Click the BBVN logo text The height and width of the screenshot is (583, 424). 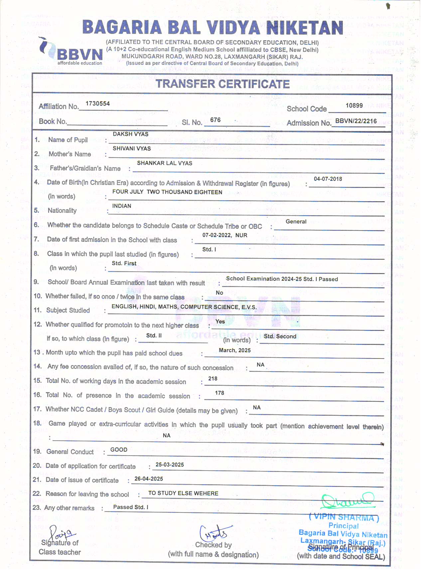[80, 54]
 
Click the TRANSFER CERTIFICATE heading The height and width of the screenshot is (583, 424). [223, 84]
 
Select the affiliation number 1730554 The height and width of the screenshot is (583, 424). [97, 104]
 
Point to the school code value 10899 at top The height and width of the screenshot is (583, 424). [354, 105]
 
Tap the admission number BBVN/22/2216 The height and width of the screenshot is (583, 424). [356, 121]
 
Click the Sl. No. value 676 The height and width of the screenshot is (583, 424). [215, 120]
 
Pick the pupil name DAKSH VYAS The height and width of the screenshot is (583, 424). [131, 134]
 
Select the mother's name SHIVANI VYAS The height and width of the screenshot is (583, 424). [132, 149]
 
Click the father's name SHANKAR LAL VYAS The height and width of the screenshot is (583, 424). [165, 163]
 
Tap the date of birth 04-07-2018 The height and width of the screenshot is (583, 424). [328, 179]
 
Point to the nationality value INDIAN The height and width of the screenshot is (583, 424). [122, 206]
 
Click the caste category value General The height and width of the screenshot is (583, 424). [296, 222]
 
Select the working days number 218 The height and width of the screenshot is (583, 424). [213, 379]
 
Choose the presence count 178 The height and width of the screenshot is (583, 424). [219, 393]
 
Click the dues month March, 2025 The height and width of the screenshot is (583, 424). [235, 351]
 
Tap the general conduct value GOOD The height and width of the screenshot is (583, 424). [119, 450]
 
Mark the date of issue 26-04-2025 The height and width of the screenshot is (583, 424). [149, 479]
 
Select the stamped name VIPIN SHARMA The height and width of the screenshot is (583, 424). [344, 517]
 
